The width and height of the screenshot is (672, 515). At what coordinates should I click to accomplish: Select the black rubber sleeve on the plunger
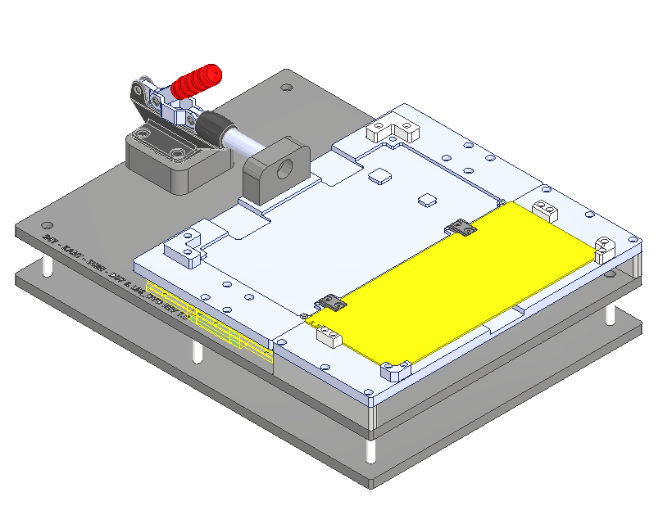pyautogui.click(x=214, y=126)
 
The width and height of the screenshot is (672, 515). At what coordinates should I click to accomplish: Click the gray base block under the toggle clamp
pyautogui.click(x=176, y=164)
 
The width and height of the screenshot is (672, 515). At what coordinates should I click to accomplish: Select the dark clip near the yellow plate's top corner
pyautogui.click(x=461, y=228)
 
